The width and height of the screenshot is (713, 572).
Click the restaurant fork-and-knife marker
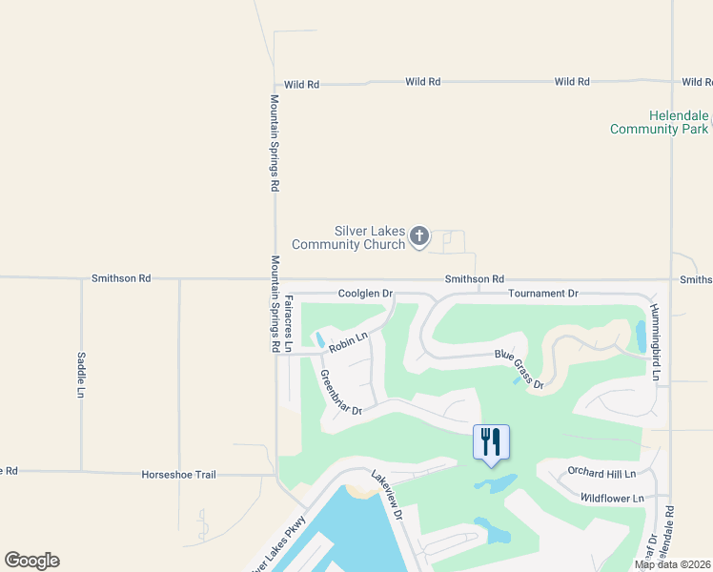[491, 442]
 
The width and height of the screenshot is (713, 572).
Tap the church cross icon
[419, 237]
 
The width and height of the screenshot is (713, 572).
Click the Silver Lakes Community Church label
[349, 237]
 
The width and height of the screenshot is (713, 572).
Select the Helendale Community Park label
[661, 122]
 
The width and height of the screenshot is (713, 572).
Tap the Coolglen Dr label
[365, 294]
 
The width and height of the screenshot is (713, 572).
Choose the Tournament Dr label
[542, 294]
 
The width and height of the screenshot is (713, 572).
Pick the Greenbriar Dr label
[341, 393]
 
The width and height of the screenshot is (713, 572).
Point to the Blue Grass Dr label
[519, 370]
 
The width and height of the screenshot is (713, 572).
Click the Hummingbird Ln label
[656, 344]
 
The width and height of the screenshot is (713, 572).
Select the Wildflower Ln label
[612, 498]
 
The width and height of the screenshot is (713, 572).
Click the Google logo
[31, 561]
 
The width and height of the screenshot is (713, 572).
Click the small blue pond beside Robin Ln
[320, 339]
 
